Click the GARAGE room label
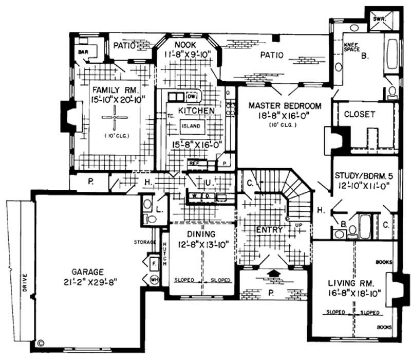pos(88,272)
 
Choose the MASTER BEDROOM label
pos(285,106)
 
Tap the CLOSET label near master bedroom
pos(359,114)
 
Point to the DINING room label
pos(198,234)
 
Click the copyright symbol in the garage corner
pos(41,340)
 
